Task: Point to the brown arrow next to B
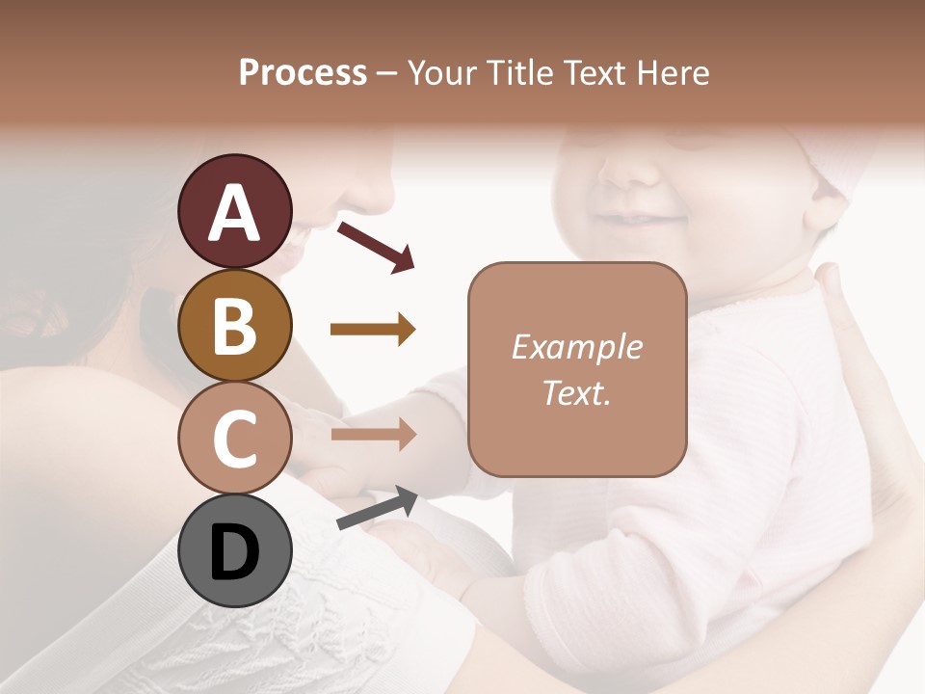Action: point(373,330)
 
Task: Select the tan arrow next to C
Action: point(373,434)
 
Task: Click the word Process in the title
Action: point(303,72)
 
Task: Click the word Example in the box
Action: point(576,347)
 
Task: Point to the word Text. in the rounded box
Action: point(576,392)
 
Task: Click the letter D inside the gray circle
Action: point(234,552)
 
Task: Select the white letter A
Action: point(234,212)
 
